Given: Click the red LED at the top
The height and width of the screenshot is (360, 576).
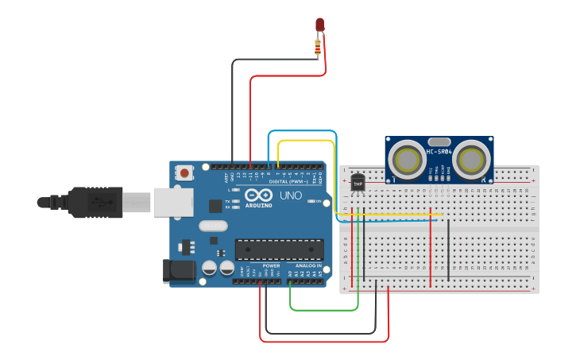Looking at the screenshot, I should tap(319, 25).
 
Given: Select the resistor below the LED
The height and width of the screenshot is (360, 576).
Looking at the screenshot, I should tap(319, 49).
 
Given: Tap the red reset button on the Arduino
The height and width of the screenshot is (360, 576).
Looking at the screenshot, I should tap(185, 172).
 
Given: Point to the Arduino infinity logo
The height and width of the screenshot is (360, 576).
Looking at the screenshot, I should tap(258, 195).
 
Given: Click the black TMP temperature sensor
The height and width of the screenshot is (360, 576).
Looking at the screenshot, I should tap(358, 183).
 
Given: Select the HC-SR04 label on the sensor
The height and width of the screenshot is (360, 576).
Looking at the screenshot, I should tap(439, 152).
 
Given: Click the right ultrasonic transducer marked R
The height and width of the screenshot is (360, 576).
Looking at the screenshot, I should tap(470, 160).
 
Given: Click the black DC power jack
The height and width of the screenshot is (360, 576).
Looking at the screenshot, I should tap(180, 271).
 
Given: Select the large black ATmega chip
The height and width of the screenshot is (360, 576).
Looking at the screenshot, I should tap(279, 250).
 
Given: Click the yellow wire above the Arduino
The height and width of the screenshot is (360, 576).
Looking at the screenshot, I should tap(306, 141).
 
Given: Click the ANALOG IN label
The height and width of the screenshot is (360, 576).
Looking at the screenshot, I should tap(308, 265).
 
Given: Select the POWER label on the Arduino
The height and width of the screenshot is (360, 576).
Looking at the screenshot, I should tap(271, 265).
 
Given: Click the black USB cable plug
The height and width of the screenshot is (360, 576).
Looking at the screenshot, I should tap(95, 202).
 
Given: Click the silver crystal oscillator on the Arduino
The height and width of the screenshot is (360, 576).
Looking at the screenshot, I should tap(213, 226).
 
